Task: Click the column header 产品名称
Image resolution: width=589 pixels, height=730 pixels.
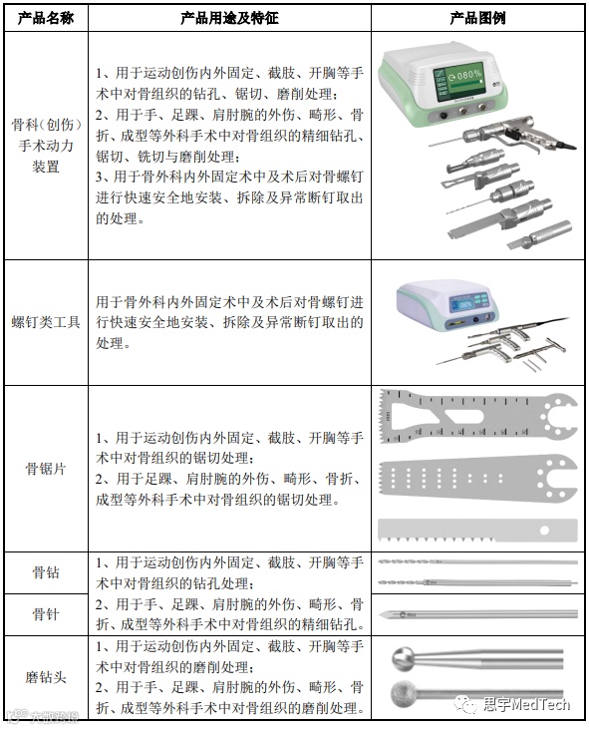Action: [x=46, y=18]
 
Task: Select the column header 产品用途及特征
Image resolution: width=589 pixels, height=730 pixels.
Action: [x=229, y=18]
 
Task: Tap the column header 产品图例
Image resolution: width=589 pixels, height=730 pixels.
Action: [x=477, y=18]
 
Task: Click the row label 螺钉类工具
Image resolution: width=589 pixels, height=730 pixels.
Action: [x=46, y=322]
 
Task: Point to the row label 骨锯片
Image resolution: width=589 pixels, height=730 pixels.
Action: [x=46, y=469]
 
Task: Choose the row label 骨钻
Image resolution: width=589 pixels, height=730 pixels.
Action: [x=46, y=572]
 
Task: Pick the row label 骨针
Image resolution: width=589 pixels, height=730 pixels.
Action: [x=46, y=614]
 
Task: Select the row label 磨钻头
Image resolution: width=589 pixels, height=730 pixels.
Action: [x=46, y=677]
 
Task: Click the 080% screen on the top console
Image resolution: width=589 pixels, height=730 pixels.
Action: [x=458, y=82]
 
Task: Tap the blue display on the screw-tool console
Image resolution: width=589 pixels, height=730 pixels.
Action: [x=460, y=305]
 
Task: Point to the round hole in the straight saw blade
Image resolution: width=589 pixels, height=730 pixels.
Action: [x=544, y=530]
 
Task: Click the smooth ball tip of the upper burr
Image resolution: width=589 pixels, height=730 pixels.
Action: [x=403, y=659]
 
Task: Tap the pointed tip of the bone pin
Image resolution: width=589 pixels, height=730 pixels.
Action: [x=381, y=614]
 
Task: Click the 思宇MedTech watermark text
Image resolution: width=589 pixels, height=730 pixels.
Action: [x=526, y=704]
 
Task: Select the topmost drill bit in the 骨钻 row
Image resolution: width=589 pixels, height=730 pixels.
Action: [x=477, y=561]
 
